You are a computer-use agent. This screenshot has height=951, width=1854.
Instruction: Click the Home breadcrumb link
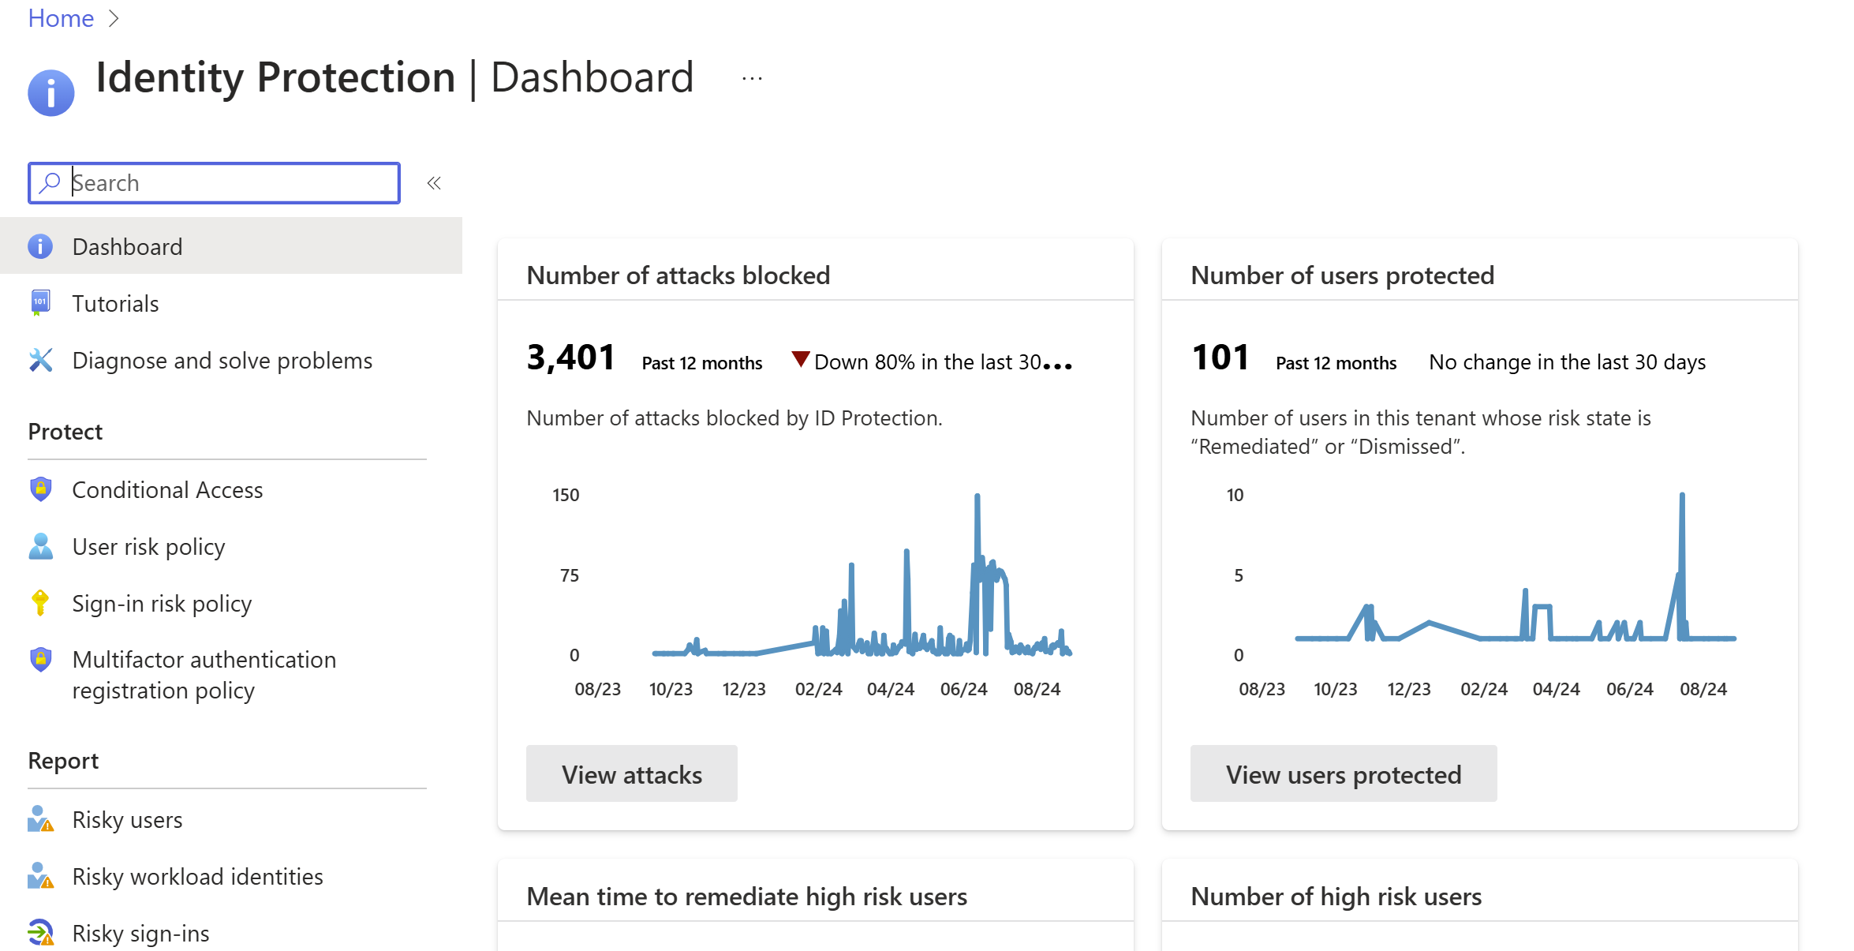(x=61, y=18)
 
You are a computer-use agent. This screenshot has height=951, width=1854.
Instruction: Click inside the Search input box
(x=229, y=183)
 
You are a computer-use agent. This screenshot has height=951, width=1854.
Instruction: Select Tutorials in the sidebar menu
(x=115, y=304)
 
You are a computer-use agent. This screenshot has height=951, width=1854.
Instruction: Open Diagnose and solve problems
(x=222, y=361)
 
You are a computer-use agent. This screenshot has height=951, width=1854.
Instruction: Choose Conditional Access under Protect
(x=167, y=490)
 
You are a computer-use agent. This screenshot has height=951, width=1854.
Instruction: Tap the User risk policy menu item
(x=148, y=547)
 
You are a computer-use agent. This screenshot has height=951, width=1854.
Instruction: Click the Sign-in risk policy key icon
(x=40, y=603)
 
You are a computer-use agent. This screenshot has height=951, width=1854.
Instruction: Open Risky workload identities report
(x=197, y=877)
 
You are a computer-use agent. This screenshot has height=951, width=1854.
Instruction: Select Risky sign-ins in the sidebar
(x=140, y=934)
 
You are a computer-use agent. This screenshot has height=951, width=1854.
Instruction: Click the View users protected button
(x=1343, y=774)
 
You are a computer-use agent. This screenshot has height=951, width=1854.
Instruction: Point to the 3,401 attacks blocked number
(x=570, y=358)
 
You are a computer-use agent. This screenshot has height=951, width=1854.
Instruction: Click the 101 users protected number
(x=1220, y=358)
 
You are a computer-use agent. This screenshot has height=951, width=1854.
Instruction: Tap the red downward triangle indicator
(x=800, y=359)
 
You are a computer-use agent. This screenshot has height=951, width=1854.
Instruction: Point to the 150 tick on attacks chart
(x=566, y=495)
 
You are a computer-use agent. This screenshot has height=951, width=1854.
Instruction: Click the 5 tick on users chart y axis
(x=1239, y=575)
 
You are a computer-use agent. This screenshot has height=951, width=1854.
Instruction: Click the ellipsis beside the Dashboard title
(x=752, y=79)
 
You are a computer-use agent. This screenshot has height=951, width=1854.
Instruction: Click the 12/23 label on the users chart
(x=1408, y=689)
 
